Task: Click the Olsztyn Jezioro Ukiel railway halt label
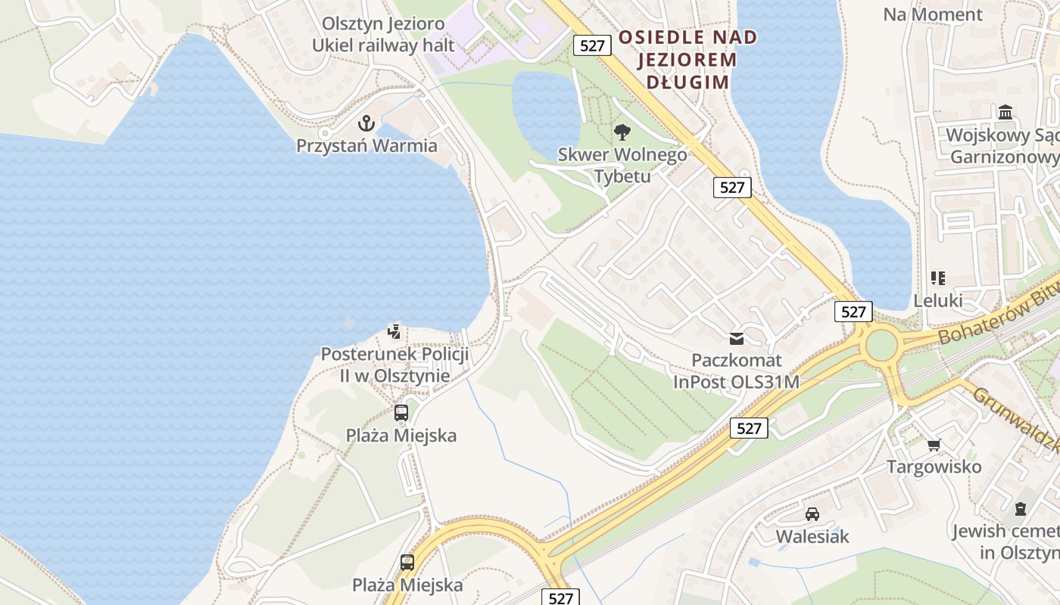coord(383,34)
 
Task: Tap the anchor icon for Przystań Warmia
coord(366,123)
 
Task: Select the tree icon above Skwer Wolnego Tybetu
coord(622,132)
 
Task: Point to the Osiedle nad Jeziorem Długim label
coord(687,59)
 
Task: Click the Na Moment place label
coord(933,14)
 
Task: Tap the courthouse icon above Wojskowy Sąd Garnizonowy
coord(1006,113)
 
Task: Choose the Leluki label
coord(938,300)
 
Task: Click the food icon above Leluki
coord(938,278)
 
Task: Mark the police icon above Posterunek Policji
coord(394,330)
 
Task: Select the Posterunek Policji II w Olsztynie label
coord(394,365)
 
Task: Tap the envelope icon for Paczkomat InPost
coord(737,338)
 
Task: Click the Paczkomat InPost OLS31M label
coord(736,371)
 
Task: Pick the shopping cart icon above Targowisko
coord(934,445)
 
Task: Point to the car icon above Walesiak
coord(812,514)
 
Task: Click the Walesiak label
coord(812,536)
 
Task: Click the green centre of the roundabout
coord(881,346)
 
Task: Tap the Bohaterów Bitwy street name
coord(996,315)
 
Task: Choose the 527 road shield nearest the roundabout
coord(853,312)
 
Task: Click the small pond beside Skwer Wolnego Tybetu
coord(546,110)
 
